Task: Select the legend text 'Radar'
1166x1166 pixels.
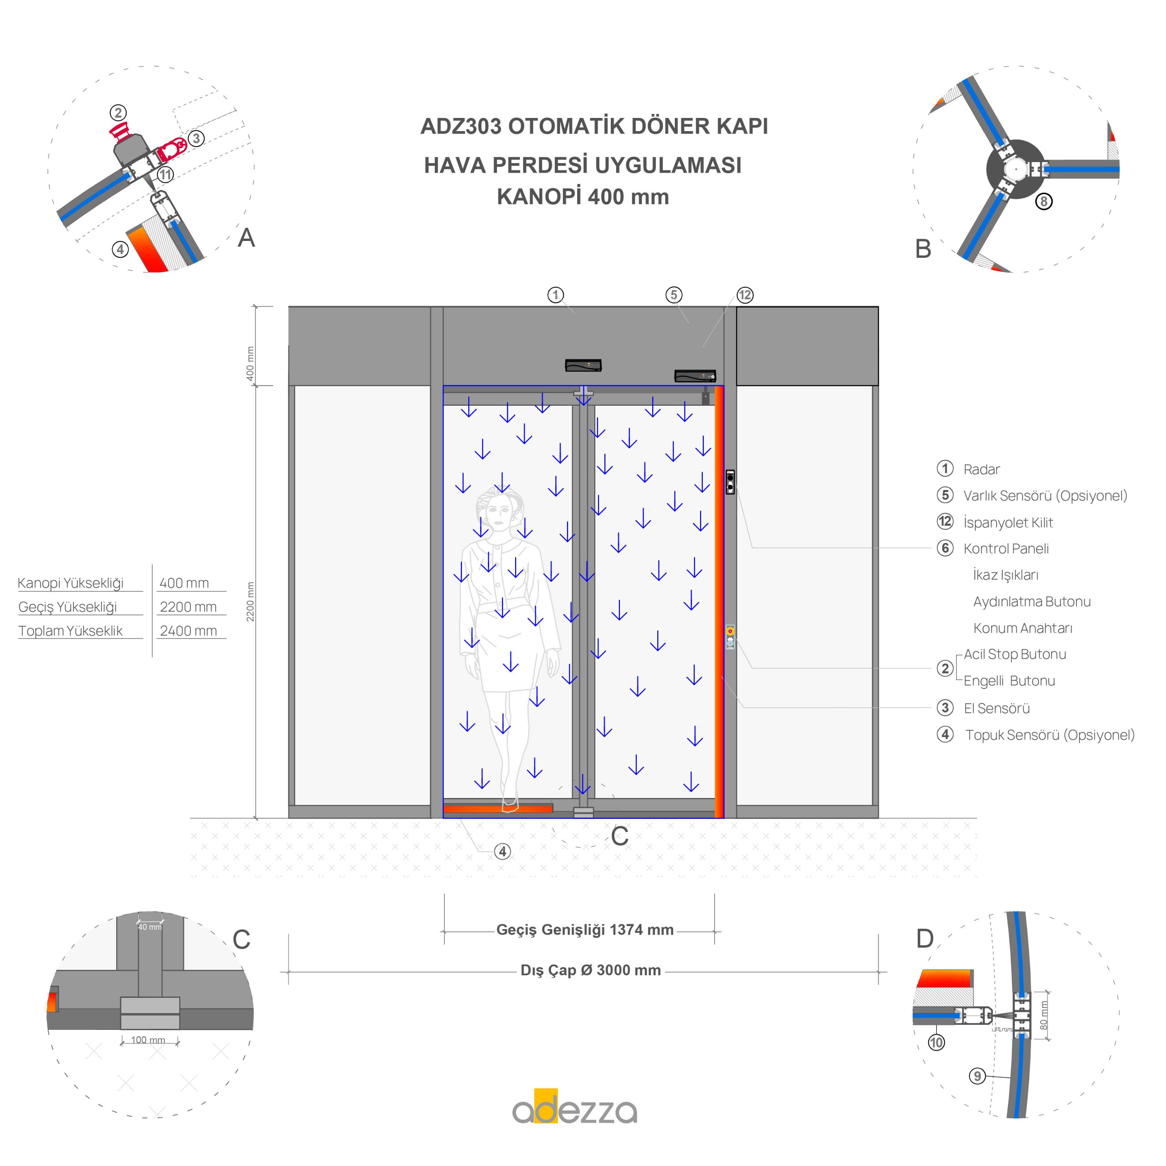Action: (982, 470)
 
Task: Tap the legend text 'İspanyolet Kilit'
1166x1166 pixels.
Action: (1008, 522)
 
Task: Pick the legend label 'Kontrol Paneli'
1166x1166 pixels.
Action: (1006, 548)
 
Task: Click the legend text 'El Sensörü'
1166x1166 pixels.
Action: (997, 709)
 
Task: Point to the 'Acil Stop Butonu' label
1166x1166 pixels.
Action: (1014, 654)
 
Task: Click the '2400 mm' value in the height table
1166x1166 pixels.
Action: (188, 631)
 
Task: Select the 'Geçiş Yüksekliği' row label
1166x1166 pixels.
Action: (67, 607)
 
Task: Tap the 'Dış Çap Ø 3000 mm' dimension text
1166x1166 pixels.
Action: (590, 971)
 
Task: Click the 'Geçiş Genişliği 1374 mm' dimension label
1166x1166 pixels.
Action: (584, 930)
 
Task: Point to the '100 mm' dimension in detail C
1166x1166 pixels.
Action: (148, 1040)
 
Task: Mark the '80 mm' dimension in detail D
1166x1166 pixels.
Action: (1043, 1016)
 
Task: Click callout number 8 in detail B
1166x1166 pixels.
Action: (1043, 202)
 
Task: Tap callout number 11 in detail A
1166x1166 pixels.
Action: (165, 175)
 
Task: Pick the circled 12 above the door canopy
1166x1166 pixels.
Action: (745, 295)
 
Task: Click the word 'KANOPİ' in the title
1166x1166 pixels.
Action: (538, 197)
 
